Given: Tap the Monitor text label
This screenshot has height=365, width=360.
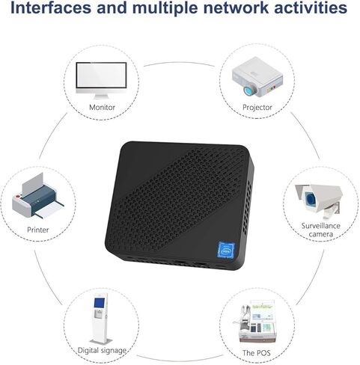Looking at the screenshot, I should [x=102, y=107].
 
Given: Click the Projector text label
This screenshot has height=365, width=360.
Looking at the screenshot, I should [x=257, y=107].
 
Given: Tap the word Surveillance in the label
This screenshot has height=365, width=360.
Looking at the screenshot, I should [x=321, y=225].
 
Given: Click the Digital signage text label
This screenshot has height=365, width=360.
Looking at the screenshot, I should [x=102, y=350].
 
